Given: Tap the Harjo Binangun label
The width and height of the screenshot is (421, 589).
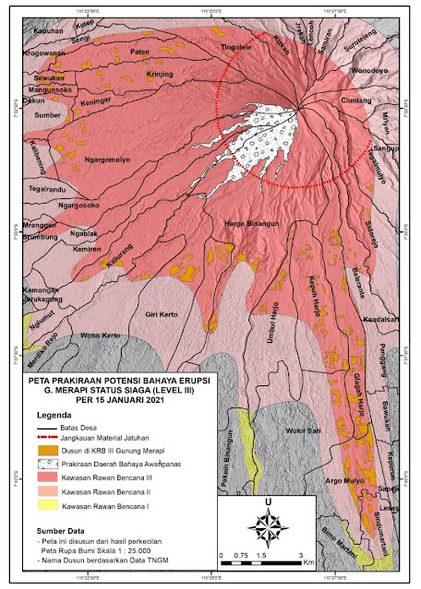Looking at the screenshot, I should (x=253, y=223).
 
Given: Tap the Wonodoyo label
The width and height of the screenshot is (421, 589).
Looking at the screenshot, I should (x=367, y=69).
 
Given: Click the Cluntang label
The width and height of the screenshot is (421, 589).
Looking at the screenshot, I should (x=355, y=101).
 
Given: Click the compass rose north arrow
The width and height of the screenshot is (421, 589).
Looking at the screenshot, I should (x=268, y=527).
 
